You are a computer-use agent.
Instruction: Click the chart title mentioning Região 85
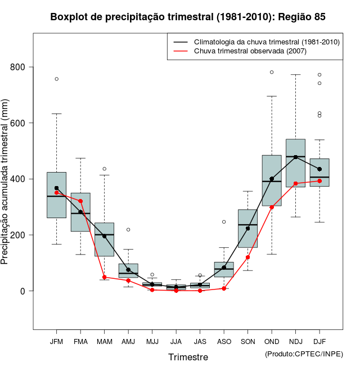(188, 17)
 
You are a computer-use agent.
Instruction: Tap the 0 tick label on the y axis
(23, 291)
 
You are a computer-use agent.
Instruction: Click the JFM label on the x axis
(56, 341)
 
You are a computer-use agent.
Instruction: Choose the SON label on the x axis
(247, 341)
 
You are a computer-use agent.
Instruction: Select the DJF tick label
(319, 341)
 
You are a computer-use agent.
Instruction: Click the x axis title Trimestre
(188, 357)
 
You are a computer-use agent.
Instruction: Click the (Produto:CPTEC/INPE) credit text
(304, 354)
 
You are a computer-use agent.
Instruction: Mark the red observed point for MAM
(104, 277)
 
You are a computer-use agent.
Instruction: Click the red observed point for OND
(272, 207)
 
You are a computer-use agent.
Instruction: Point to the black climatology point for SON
(247, 228)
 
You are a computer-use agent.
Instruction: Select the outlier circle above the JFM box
(56, 79)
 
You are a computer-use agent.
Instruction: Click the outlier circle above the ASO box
(224, 221)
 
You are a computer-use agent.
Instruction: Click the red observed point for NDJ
(295, 183)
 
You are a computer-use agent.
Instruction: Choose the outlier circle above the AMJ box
(128, 229)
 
